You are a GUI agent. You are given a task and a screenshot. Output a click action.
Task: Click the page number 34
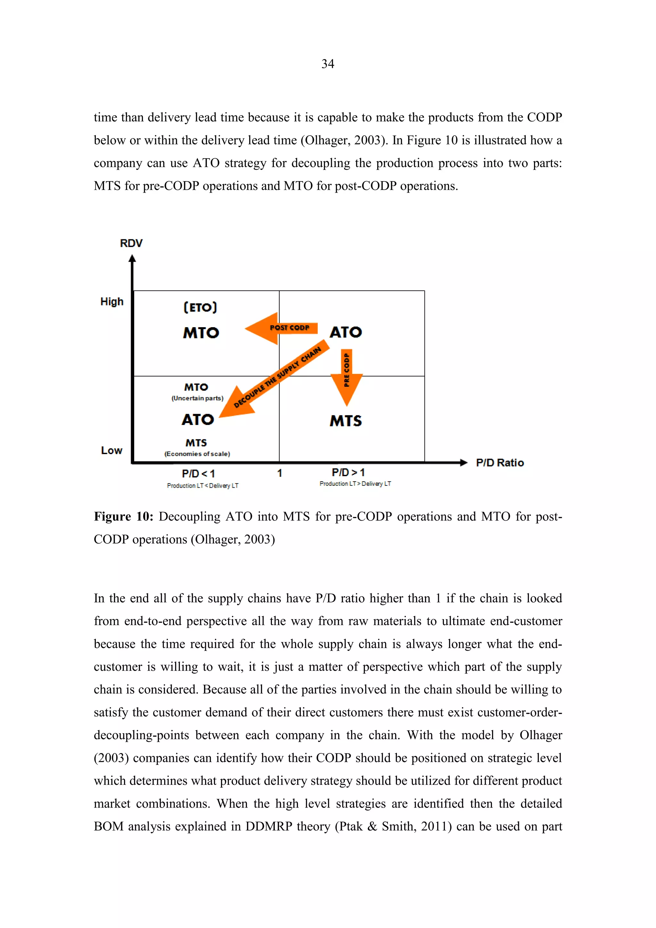coord(328,64)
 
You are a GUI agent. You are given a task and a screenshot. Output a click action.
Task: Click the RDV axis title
coord(131,243)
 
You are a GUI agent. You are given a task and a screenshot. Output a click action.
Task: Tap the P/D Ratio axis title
coord(500,463)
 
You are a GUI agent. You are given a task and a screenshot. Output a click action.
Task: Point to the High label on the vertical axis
coord(112,302)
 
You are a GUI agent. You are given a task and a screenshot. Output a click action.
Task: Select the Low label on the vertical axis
coord(111,450)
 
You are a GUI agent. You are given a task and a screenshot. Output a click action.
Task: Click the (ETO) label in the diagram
coord(200,308)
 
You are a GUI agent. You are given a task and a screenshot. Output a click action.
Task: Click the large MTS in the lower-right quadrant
coord(346,421)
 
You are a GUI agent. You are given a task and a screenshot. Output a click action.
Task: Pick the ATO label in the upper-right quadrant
coord(346,332)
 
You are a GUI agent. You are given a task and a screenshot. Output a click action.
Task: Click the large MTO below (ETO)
coord(201,333)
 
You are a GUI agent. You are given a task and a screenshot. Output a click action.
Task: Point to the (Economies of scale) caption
coord(197,454)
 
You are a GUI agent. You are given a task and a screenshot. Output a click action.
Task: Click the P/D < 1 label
coord(198,473)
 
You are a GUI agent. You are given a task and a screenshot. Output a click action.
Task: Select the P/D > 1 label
coord(348,472)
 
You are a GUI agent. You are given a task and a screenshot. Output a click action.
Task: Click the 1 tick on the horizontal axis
coord(280,473)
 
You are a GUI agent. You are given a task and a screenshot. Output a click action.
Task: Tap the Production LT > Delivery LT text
coord(355,484)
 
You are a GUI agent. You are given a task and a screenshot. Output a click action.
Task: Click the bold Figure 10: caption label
coord(123,517)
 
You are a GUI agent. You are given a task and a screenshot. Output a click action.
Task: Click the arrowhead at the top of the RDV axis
coord(132,259)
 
